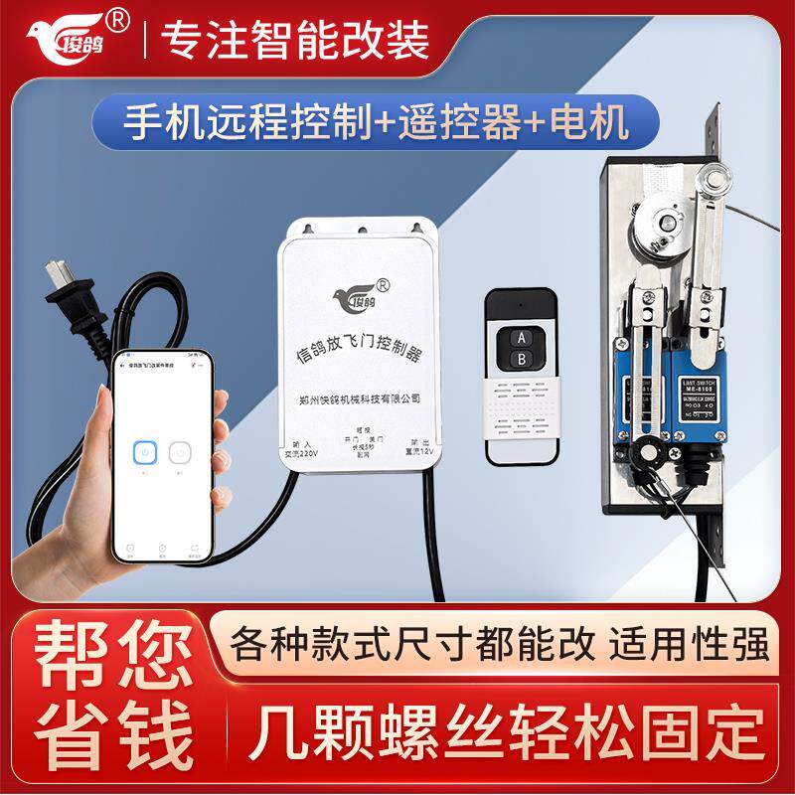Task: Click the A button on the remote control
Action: point(519,337)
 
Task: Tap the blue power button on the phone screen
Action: point(145,453)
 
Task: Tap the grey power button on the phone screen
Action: point(180,453)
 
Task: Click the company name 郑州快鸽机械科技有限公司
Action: point(360,397)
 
